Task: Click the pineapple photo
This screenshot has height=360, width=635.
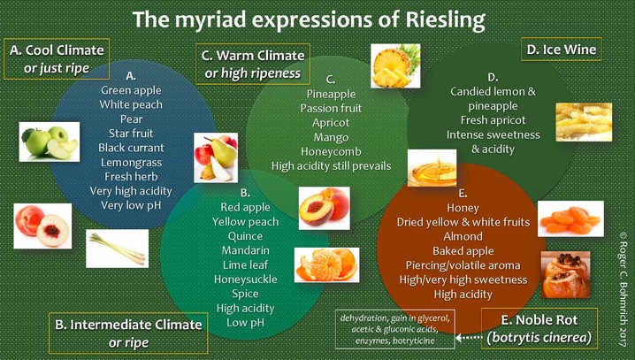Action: pos(395,66)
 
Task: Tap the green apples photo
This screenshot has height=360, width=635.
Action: pos(50,142)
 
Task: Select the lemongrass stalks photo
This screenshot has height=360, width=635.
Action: pos(118,249)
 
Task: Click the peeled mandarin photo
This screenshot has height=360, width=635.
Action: pos(327,264)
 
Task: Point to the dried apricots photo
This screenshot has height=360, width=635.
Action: pos(570,218)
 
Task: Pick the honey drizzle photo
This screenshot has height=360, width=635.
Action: pos(432,168)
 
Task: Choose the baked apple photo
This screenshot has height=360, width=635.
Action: pos(565,274)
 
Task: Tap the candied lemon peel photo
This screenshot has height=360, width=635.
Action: pos(584,122)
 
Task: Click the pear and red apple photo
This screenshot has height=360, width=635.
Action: pos(216,157)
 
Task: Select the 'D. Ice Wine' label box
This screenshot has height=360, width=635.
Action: pos(562,50)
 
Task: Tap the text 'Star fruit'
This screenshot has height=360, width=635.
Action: pos(131,134)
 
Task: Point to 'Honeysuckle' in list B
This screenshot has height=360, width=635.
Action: pos(245,280)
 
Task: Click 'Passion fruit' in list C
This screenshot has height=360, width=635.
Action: pos(331,109)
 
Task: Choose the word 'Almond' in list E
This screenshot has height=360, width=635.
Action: pos(463,236)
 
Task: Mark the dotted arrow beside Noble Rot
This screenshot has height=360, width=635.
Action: pos(469,337)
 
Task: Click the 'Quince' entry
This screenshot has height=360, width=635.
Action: pos(245,236)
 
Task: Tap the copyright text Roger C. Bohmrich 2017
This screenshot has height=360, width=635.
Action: pos(623,288)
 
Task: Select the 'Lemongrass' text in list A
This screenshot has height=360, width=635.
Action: pos(131,163)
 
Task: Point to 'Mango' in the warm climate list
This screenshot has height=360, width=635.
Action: pos(331,138)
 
